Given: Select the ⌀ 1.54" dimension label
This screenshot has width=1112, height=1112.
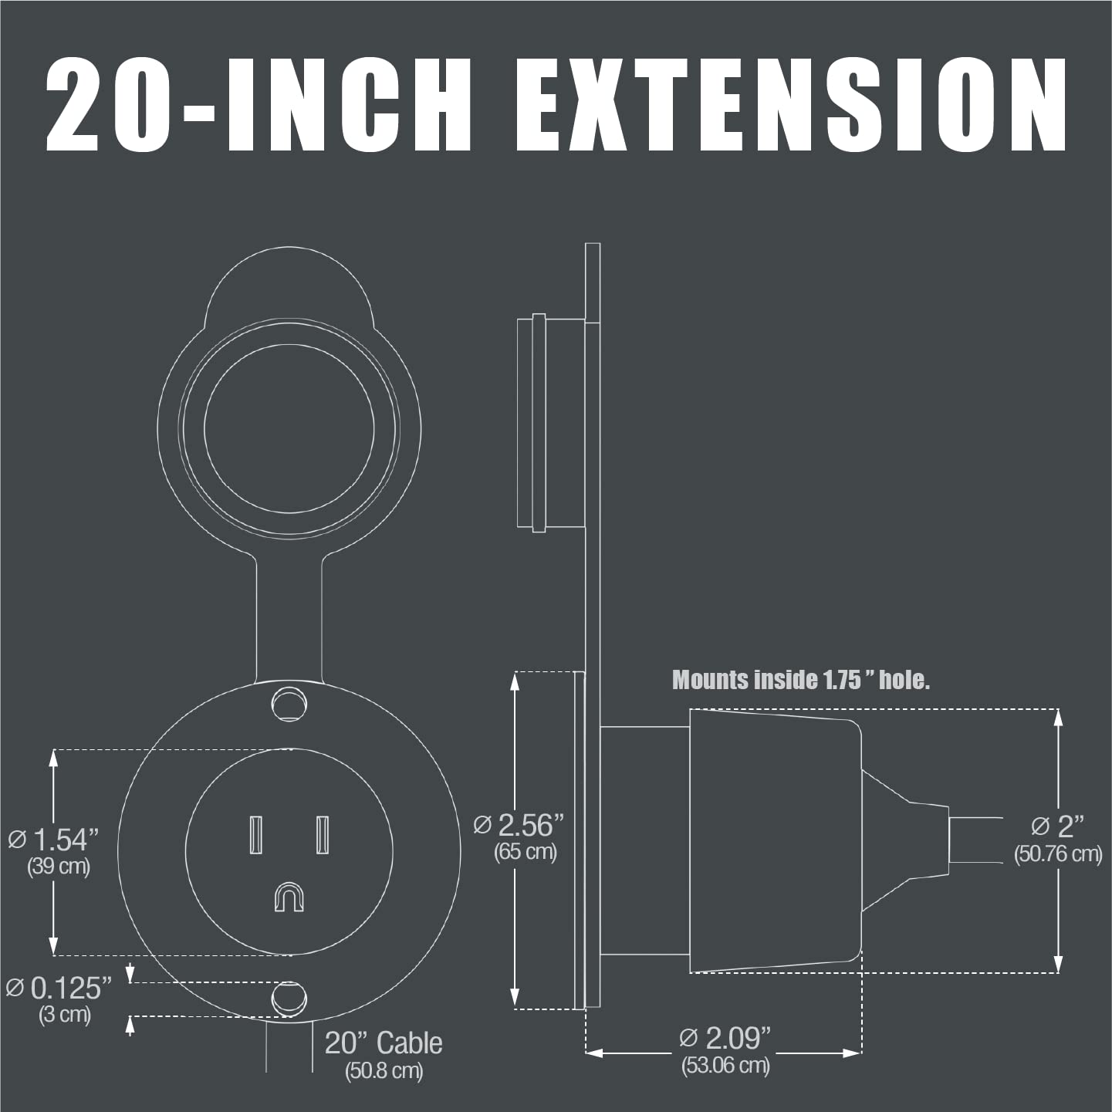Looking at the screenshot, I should coord(54,840).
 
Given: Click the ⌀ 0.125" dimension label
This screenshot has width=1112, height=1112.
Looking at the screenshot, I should coord(59,987).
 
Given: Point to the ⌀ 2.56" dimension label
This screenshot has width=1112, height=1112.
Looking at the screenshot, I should coord(519,825).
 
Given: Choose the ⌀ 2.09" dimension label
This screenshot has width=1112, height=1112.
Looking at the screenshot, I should coord(725,1038).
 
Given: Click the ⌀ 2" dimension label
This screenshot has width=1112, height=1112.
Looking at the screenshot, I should coord(1057,826).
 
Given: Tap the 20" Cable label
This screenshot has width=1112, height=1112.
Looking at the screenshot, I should coord(384,1043).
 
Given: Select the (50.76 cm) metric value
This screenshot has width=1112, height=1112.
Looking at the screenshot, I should coord(1058,854).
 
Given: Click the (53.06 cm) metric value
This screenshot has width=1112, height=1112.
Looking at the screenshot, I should coord(725,1066).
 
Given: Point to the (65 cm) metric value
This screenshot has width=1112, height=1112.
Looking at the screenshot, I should coord(525,852).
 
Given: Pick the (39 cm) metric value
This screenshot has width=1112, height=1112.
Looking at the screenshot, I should coord(59,866).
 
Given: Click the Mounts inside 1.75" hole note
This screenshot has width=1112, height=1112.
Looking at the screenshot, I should coord(801,680).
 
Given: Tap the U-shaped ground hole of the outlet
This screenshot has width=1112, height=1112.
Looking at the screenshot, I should coord(289,897).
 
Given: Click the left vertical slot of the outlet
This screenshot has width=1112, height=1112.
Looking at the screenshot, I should coord(255,834).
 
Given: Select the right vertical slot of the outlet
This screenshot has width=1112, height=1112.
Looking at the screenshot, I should coord(323,834).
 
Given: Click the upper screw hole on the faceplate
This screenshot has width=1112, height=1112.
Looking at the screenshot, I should coord(289,704).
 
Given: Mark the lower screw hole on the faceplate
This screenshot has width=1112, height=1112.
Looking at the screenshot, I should coord(289,999).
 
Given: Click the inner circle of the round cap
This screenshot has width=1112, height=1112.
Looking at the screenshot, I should coord(289,428).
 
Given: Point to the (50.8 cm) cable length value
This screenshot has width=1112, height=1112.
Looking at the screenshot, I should coord(384,1071).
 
